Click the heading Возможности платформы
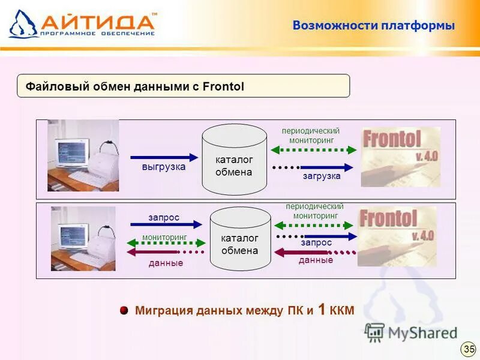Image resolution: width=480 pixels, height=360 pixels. click(x=373, y=26)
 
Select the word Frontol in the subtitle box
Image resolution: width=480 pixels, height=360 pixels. click(x=223, y=87)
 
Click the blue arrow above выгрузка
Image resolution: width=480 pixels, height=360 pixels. click(x=164, y=157)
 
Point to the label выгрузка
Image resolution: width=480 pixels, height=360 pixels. click(x=164, y=167)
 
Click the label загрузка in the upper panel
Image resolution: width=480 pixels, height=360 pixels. click(x=322, y=176)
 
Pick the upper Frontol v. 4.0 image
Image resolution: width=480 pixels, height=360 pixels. click(x=400, y=157)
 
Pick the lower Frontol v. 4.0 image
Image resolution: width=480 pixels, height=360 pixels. click(x=397, y=236)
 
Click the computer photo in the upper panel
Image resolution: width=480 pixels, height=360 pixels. click(x=83, y=156)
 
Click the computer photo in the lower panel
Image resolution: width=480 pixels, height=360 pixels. click(x=83, y=239)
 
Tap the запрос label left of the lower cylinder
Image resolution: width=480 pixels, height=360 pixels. click(x=164, y=217)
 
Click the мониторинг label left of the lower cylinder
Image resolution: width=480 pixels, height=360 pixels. click(x=164, y=238)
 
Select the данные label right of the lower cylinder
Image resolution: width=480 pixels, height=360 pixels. click(x=316, y=260)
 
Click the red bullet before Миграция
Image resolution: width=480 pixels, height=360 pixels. click(x=124, y=310)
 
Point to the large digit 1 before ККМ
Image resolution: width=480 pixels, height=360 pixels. click(x=322, y=310)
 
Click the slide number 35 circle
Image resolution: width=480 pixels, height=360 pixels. click(x=468, y=349)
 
